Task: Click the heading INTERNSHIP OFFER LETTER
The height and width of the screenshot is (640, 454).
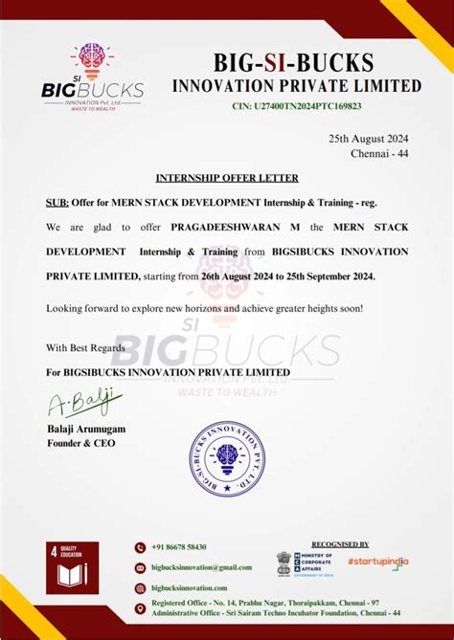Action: pos(227,178)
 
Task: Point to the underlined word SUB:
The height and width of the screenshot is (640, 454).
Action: pos(57,203)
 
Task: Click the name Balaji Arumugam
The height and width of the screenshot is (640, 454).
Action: pos(86,429)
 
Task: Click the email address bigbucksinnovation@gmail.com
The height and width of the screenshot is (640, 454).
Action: pos(201,567)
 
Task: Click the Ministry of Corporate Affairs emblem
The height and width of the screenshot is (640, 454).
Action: pos(284,562)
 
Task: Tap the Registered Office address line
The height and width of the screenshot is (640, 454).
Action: pos(263,604)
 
